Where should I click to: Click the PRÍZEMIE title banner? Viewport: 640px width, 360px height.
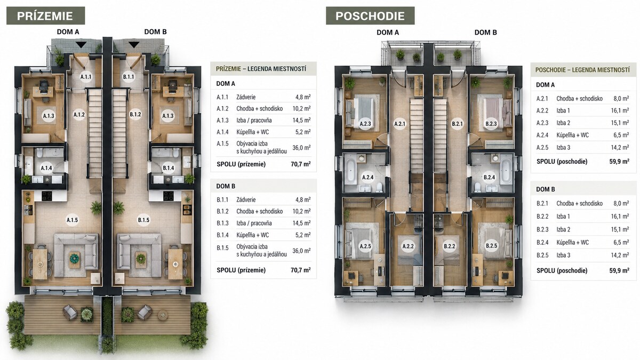[x=46, y=15]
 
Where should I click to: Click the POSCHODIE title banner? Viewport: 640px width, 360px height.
[x=370, y=15]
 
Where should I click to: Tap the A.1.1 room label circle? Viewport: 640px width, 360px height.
[x=86, y=77]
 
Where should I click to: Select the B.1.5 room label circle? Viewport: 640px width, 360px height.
[x=143, y=220]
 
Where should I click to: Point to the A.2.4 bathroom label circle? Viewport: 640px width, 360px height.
[x=367, y=177]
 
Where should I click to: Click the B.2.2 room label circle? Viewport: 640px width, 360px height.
[x=450, y=246]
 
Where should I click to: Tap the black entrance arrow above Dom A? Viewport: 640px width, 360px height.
[x=81, y=45]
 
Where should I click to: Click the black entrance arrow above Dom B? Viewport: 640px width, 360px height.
[x=134, y=45]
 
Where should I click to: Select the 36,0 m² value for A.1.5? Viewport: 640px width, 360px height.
[x=301, y=148]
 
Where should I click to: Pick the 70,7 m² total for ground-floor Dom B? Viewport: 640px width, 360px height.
[x=301, y=270]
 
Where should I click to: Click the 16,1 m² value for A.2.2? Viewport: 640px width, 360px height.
[x=620, y=110]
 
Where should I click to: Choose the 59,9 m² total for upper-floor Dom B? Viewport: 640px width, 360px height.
[x=619, y=270]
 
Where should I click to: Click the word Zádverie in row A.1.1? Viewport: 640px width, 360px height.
[x=246, y=97]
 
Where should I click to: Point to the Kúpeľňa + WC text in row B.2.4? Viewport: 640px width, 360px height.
[x=573, y=243]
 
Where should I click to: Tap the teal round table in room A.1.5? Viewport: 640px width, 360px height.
[x=75, y=258]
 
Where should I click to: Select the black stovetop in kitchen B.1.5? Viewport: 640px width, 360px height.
[x=169, y=196]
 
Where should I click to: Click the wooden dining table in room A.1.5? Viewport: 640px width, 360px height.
[x=40, y=264]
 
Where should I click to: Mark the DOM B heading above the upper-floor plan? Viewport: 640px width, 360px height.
[x=486, y=33]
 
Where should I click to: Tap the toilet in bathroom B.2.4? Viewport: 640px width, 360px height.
[x=477, y=187]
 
